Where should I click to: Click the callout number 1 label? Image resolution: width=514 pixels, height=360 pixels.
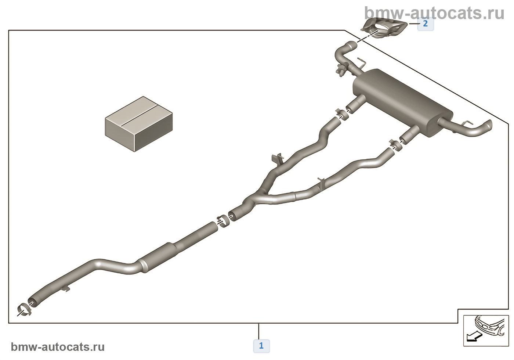click(x=261, y=346)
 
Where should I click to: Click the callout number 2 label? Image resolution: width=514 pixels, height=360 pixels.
click(x=425, y=24)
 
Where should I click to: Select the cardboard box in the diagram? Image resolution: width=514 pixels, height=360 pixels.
click(x=139, y=124)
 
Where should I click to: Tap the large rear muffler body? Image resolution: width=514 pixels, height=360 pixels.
click(x=403, y=103)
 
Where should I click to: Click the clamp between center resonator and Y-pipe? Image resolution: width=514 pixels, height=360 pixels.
click(x=223, y=221)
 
